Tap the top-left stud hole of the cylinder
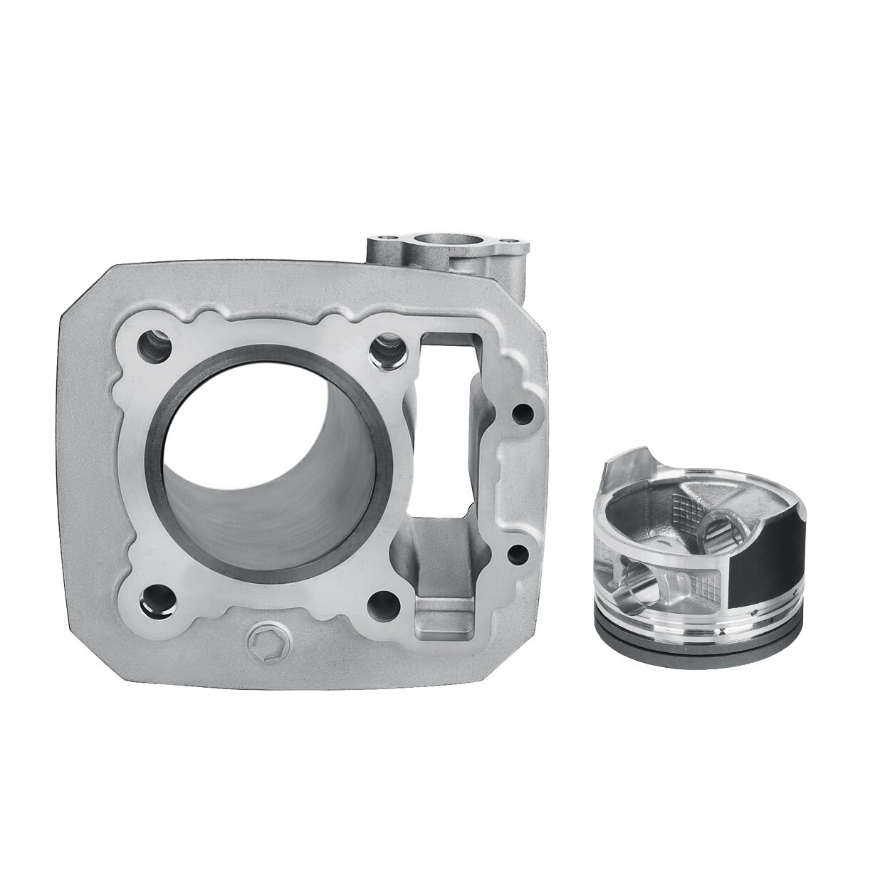(x=157, y=346)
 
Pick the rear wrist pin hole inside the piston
(x=715, y=527)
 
